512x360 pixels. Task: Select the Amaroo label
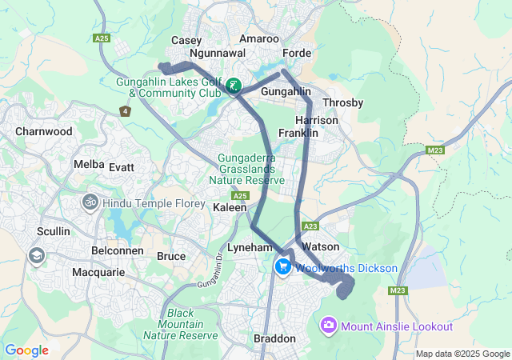point(259,38)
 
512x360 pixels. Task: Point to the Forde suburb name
point(297,53)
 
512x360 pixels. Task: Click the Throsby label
point(342,102)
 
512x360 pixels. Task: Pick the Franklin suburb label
point(298,133)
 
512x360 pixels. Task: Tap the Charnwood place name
point(44,131)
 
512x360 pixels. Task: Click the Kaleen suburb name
point(230,207)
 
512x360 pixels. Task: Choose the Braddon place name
point(274,338)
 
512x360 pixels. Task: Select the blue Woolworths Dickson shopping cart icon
point(282,267)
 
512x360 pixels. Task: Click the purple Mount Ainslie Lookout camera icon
point(328,326)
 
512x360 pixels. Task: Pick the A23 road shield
point(312,226)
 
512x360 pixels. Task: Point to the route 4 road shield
point(125,111)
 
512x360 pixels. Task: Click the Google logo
point(27,350)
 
